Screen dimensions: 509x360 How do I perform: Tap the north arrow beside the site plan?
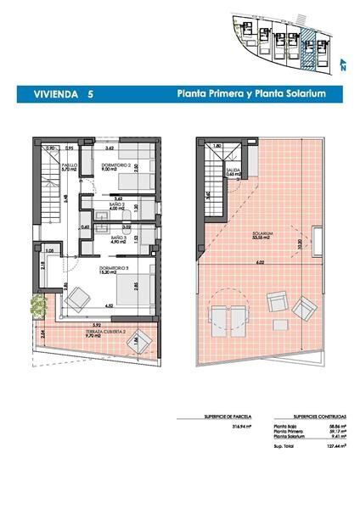(342, 62)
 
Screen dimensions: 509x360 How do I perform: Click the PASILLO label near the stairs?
(70, 166)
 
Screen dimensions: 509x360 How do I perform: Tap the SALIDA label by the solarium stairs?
(233, 171)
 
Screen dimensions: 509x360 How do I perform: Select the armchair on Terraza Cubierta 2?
(140, 342)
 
